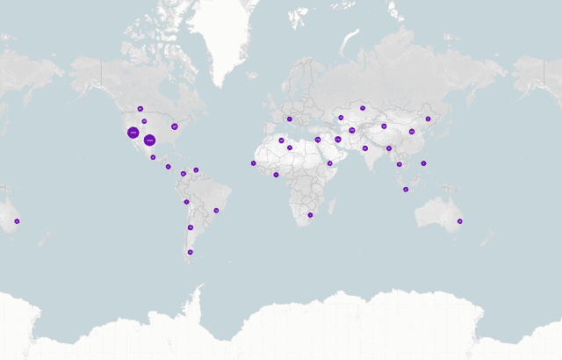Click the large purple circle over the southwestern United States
tap(133, 133)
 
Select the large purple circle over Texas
tap(150, 140)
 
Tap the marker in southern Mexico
tap(153, 157)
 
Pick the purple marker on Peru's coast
tap(186, 202)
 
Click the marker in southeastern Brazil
tap(216, 210)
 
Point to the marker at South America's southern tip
tap(190, 252)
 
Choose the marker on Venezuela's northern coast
tap(196, 169)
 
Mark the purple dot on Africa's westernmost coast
tap(253, 162)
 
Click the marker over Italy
tap(289, 119)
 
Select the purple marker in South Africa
tap(310, 214)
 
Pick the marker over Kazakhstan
tap(362, 108)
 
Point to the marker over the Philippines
tap(423, 162)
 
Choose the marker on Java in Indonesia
tap(405, 189)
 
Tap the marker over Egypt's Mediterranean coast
tap(318, 139)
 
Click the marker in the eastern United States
tap(174, 126)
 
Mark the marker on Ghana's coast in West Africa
tap(276, 174)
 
